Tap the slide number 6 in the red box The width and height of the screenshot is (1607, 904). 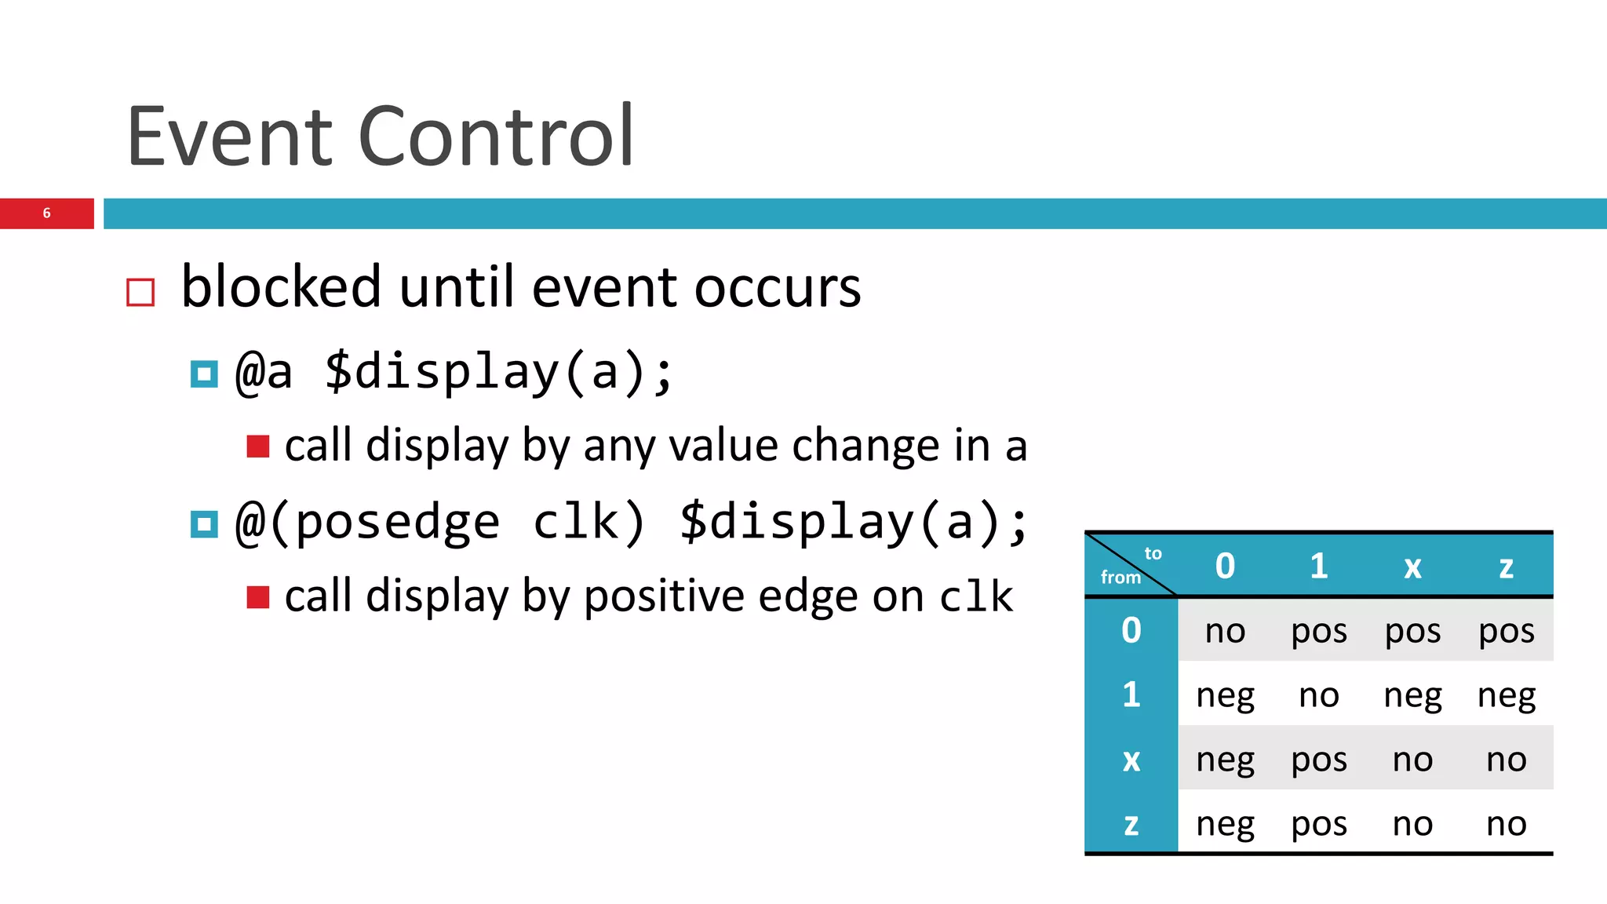click(x=46, y=213)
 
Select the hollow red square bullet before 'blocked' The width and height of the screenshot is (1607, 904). click(x=140, y=292)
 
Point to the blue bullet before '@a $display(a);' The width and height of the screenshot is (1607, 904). click(x=204, y=374)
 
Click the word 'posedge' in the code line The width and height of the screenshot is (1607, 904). click(x=397, y=523)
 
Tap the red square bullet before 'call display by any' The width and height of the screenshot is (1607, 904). click(x=257, y=447)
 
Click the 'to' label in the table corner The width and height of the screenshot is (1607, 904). click(x=1153, y=553)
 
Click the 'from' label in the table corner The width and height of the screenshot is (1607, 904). click(x=1121, y=578)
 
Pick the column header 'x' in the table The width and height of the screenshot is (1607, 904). click(x=1412, y=567)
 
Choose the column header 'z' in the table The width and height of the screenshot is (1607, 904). click(x=1506, y=567)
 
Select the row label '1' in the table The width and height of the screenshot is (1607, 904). click(x=1131, y=695)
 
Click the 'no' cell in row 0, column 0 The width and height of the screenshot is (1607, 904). click(x=1225, y=631)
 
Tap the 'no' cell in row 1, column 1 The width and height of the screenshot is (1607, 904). click(x=1318, y=695)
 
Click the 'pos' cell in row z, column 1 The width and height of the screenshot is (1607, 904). click(x=1318, y=824)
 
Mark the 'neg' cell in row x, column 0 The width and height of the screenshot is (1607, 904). click(x=1225, y=760)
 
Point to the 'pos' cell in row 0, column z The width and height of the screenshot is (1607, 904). click(x=1506, y=631)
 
